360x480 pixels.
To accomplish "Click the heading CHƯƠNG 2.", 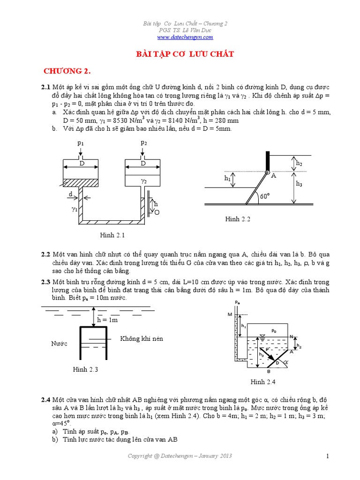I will [x=67, y=71].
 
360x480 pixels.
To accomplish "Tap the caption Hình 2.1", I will [x=112, y=234].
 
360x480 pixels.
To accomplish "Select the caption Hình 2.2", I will [x=238, y=219].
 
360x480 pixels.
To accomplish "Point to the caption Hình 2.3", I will [x=85, y=369].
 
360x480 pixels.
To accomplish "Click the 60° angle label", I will [x=265, y=196].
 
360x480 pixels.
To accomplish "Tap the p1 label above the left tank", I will [x=80, y=142].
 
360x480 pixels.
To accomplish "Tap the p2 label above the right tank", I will [x=144, y=142].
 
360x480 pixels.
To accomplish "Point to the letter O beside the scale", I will [x=157, y=212].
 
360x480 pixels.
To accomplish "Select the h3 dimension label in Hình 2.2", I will [x=299, y=184].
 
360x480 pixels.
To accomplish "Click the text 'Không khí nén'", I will [x=142, y=338].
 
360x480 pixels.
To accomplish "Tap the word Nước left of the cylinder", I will [x=59, y=344].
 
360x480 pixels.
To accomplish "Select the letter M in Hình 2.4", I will [x=230, y=314].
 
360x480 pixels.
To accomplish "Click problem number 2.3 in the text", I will [x=45, y=282].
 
